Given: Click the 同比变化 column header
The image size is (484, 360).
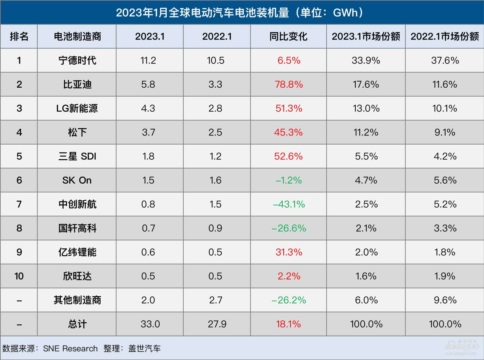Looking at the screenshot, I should pos(288,37).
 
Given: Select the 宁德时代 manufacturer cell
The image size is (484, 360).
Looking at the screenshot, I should pos(77,60).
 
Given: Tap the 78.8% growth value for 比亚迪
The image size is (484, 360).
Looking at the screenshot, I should pos(288,85).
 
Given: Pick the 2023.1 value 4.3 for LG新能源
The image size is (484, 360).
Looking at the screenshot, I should pos(148,109).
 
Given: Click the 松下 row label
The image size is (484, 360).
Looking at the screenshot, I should pos(77,132).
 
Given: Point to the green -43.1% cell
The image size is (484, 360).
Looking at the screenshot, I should pos(288,204).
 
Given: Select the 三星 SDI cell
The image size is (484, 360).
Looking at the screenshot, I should pos(77,156).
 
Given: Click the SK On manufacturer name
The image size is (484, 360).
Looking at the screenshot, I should pos(77,180).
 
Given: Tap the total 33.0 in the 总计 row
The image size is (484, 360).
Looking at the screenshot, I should pos(150,324).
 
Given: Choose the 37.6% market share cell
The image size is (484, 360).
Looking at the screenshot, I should pos(445,60).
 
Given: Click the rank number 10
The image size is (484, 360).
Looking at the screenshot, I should pos(19,276).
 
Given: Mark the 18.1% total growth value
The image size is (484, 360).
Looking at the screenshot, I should pos(288,324).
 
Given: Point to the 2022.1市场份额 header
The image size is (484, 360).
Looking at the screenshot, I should pos(445,37).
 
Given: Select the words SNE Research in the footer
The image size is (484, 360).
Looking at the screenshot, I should pos(70,348).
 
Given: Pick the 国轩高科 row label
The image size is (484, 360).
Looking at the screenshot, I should pos(77,228).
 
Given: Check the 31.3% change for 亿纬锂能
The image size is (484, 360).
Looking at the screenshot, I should pos(288,252).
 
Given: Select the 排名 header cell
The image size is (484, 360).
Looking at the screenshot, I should pos(19,37).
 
